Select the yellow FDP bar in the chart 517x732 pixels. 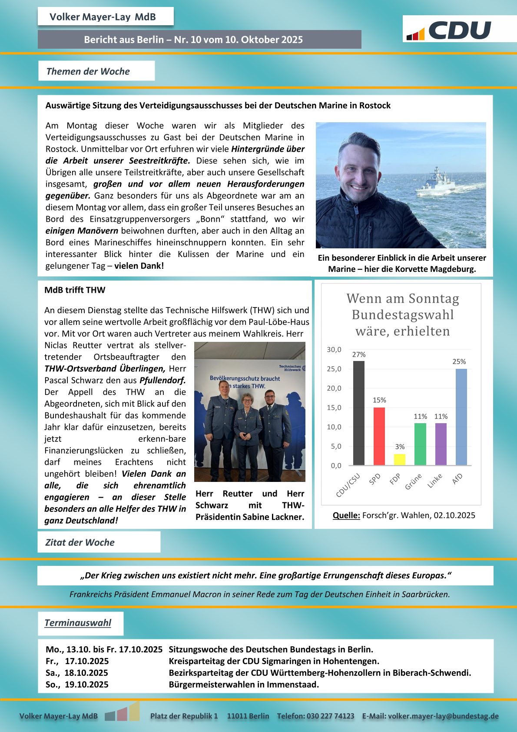click(x=400, y=459)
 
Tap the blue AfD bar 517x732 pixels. click(x=461, y=417)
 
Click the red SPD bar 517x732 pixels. click(x=379, y=436)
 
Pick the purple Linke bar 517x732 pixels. click(x=441, y=444)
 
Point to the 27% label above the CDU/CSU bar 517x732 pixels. click(x=359, y=354)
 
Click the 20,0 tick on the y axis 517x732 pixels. click(x=334, y=388)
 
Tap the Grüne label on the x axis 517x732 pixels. click(x=413, y=481)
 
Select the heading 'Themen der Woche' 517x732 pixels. click(x=88, y=71)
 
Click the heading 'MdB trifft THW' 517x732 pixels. click(x=75, y=290)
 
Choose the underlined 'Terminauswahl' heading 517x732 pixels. click(x=78, y=623)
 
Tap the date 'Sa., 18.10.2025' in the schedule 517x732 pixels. click(x=77, y=673)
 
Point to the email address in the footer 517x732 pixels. click(x=443, y=716)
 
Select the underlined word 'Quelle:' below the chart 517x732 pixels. click(x=346, y=515)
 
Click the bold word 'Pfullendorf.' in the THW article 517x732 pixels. click(x=162, y=380)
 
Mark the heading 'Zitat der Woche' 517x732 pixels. click(x=80, y=542)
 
